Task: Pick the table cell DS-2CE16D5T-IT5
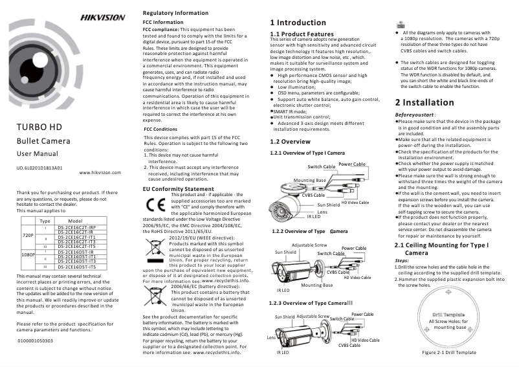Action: [76, 267]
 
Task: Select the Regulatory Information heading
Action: [175, 13]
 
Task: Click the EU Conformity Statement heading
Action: [177, 189]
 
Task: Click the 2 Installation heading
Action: [425, 102]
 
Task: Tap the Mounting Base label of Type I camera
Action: [309, 180]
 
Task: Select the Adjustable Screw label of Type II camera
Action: [309, 245]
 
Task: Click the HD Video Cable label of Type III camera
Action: [366, 340]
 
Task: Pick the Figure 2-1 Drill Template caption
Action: [449, 352]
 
